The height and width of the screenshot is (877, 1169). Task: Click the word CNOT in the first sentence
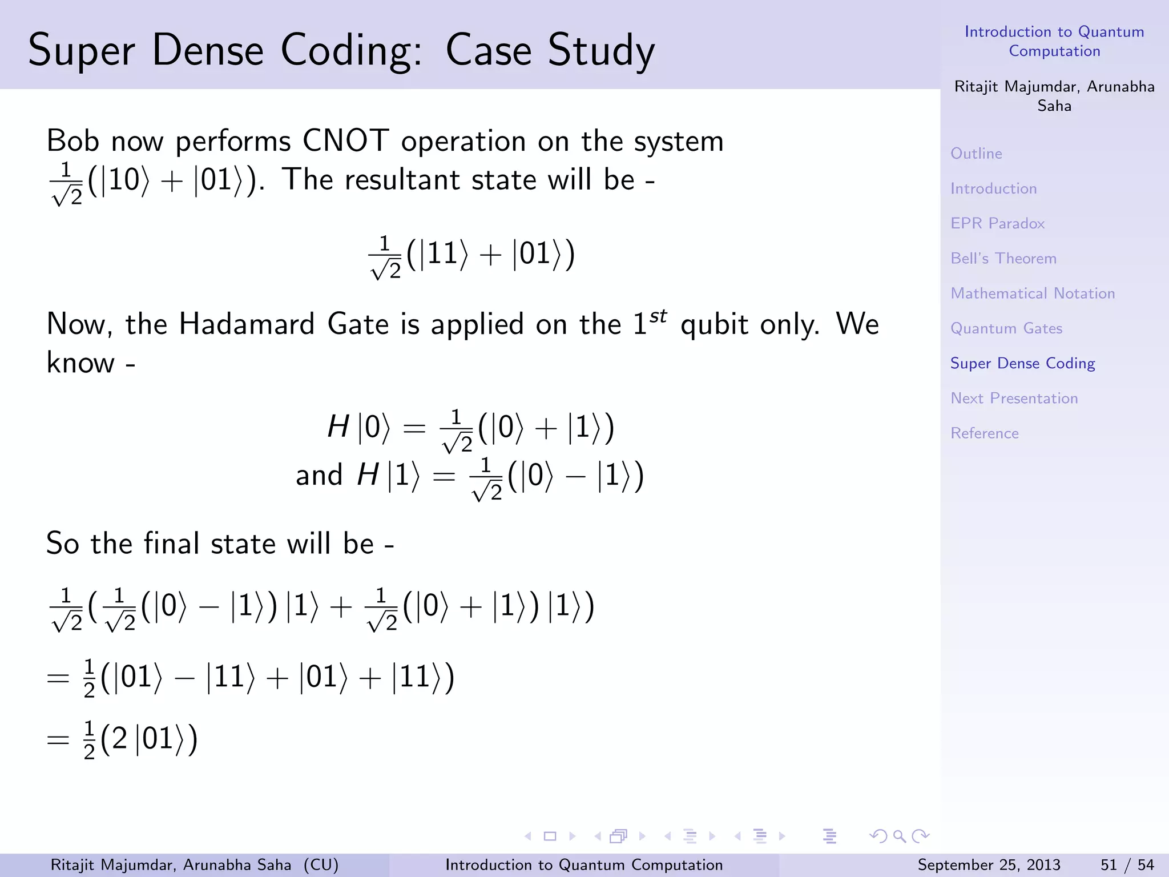(345, 140)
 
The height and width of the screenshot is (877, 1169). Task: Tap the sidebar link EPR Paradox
(997, 223)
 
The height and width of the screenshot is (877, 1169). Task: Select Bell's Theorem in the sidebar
(1003, 258)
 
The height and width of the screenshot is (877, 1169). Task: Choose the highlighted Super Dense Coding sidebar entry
(1022, 363)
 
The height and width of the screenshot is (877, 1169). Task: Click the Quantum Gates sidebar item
(1006, 328)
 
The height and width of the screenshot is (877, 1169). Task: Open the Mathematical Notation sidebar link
(1032, 293)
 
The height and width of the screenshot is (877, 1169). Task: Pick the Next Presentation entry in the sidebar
(1014, 398)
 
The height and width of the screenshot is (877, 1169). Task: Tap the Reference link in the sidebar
(984, 433)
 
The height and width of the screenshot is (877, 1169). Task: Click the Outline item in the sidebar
(976, 153)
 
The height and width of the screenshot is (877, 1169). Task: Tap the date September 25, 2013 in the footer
(989, 865)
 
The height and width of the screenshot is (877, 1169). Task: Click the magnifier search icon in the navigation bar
(900, 836)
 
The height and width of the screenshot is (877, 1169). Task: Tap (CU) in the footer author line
(321, 865)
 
